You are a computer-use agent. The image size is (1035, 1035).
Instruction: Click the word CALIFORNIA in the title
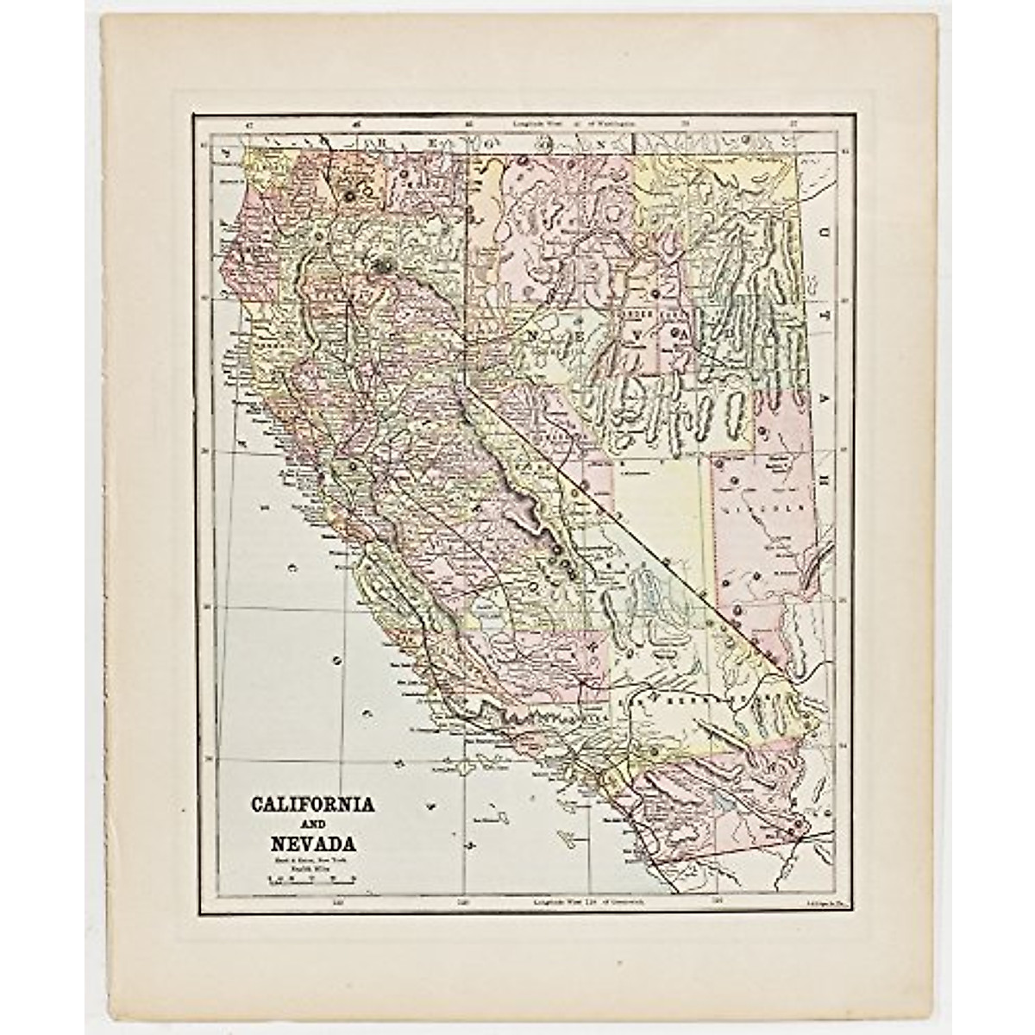pos(312,804)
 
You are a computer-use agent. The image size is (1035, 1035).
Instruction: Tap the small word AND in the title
pos(312,824)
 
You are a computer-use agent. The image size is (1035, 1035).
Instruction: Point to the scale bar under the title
pos(312,881)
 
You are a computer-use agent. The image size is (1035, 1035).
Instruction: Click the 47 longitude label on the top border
pos(248,124)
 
